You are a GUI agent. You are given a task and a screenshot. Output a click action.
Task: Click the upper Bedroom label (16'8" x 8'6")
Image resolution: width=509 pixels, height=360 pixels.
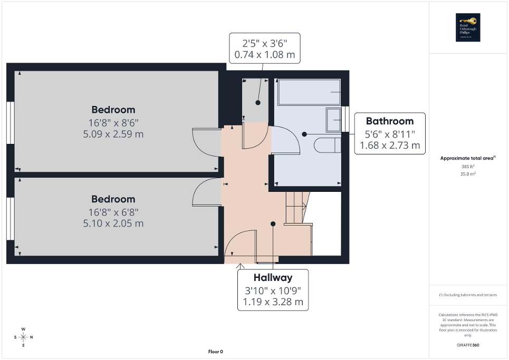(113, 110)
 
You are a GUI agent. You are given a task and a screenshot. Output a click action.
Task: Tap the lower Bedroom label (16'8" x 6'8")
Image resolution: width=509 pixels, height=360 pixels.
(113, 199)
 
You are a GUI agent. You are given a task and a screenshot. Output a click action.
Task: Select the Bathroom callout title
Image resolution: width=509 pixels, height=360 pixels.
(390, 121)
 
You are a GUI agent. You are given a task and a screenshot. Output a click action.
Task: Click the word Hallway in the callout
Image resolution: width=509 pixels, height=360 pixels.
(273, 278)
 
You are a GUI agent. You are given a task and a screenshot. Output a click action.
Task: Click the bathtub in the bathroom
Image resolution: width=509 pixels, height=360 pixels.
(309, 92)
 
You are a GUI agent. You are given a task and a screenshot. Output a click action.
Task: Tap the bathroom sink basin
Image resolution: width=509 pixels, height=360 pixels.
(333, 120)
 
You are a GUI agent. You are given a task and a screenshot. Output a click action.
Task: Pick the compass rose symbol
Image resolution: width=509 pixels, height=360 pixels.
(23, 337)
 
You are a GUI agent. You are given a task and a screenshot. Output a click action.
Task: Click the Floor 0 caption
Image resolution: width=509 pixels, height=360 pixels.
(215, 352)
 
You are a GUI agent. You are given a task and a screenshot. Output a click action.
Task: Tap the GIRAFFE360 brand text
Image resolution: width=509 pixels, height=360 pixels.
(468, 345)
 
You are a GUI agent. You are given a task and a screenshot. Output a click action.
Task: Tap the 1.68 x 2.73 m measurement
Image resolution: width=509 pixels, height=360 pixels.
(390, 145)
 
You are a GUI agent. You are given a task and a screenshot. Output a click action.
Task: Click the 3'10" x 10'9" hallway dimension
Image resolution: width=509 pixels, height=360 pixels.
(273, 290)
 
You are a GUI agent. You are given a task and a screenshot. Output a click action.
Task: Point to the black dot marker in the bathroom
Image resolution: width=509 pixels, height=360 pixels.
(305, 134)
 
